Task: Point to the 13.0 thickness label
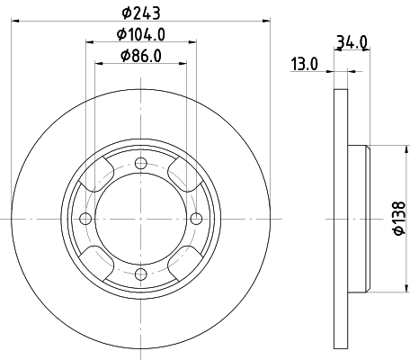[306, 64]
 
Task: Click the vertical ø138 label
[399, 219]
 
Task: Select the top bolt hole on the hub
[140, 163]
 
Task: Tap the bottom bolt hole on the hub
[140, 274]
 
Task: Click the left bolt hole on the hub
[85, 219]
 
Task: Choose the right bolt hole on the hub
[196, 219]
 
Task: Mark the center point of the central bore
[140, 219]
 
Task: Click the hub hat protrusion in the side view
[357, 219]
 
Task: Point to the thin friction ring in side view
[340, 219]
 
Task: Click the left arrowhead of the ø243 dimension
[16, 20]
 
